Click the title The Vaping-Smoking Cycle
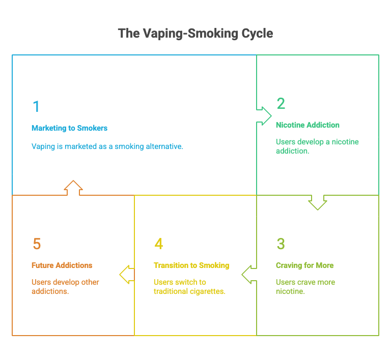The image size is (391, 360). tap(195, 34)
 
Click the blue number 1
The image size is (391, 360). tap(36, 107)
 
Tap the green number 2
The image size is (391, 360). tap(281, 104)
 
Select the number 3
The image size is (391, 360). tap(281, 244)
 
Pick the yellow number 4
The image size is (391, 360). tap(158, 244)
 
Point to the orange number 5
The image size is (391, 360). tap(36, 244)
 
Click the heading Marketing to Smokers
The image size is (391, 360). tap(69, 128)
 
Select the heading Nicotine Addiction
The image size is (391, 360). tap(308, 125)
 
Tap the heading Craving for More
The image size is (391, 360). tap(304, 265)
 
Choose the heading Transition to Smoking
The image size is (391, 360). tap(191, 265)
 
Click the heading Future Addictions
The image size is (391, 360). tap(62, 265)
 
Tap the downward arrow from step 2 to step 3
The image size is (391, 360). tap(318, 202)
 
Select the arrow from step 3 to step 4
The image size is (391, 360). tap(249, 274)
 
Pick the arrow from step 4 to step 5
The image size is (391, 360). tap(127, 274)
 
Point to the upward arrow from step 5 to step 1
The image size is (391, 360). tap(73, 188)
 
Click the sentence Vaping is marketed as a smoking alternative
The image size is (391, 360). tap(107, 146)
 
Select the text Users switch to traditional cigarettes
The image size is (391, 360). tap(189, 287)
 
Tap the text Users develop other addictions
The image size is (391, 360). tap(65, 287)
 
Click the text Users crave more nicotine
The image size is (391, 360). tap(305, 287)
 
